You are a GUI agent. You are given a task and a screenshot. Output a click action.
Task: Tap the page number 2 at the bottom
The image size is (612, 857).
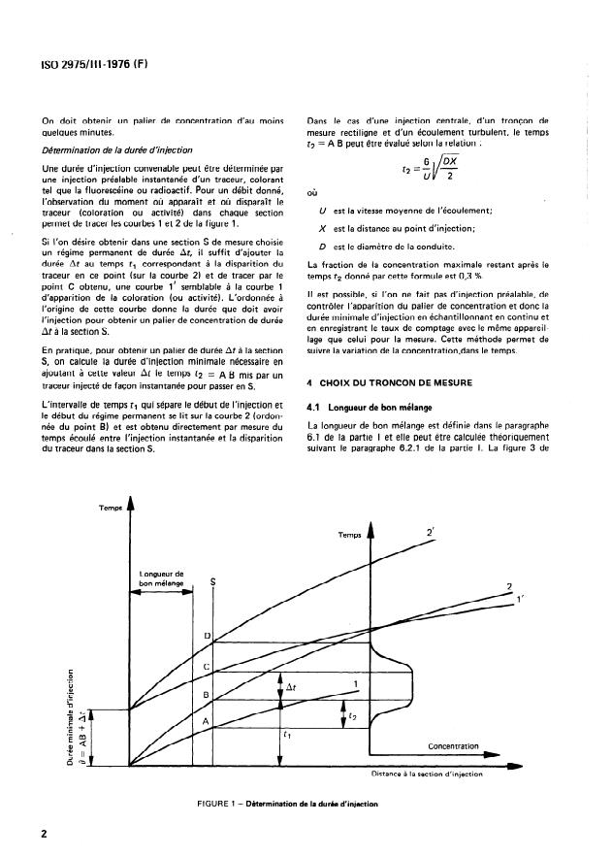pos(45,834)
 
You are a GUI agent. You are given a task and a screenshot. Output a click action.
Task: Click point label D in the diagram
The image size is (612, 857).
pos(206,636)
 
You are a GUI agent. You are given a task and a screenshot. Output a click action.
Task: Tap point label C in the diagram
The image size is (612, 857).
pos(206,667)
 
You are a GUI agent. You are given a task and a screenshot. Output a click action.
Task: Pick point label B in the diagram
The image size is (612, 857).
pos(206,696)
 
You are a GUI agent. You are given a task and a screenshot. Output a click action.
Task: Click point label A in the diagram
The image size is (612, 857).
pos(206,723)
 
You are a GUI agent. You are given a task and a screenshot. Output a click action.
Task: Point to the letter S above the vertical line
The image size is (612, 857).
pos(212,581)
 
